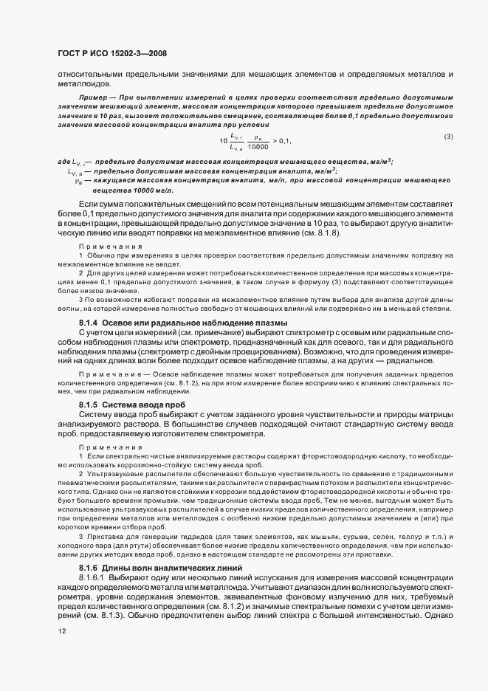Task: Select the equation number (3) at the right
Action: tap(448, 137)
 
